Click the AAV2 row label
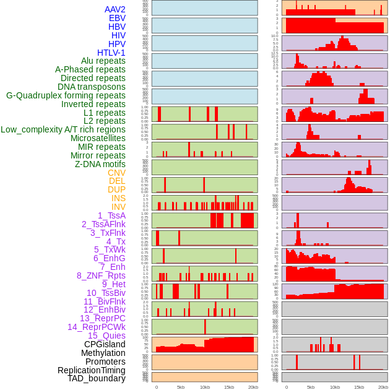tap(115, 9)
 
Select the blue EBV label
tap(117, 18)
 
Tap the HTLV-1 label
tap(111, 53)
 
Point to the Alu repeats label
tap(103, 61)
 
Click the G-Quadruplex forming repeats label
tap(66, 95)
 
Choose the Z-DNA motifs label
tap(100, 164)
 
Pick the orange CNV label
tap(116, 173)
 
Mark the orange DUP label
tap(116, 189)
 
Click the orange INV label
tap(118, 207)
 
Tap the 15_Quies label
tap(106, 336)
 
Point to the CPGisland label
tap(105, 344)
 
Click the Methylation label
tap(103, 353)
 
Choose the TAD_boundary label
tap(97, 378)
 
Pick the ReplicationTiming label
tap(91, 370)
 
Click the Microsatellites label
tap(98, 138)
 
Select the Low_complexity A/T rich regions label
tap(63, 129)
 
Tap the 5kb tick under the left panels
tap(181, 387)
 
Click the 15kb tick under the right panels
tap(359, 387)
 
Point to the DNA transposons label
tap(92, 87)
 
